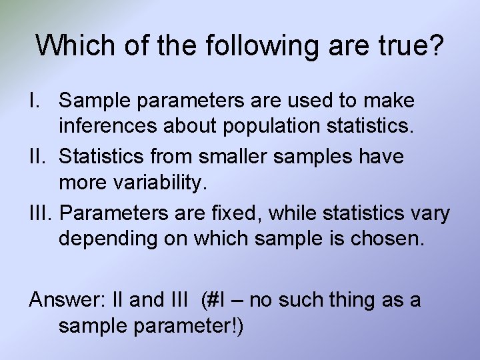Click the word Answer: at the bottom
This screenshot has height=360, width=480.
64,300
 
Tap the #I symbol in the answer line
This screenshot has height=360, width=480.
213,300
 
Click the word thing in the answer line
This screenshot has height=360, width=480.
355,300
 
